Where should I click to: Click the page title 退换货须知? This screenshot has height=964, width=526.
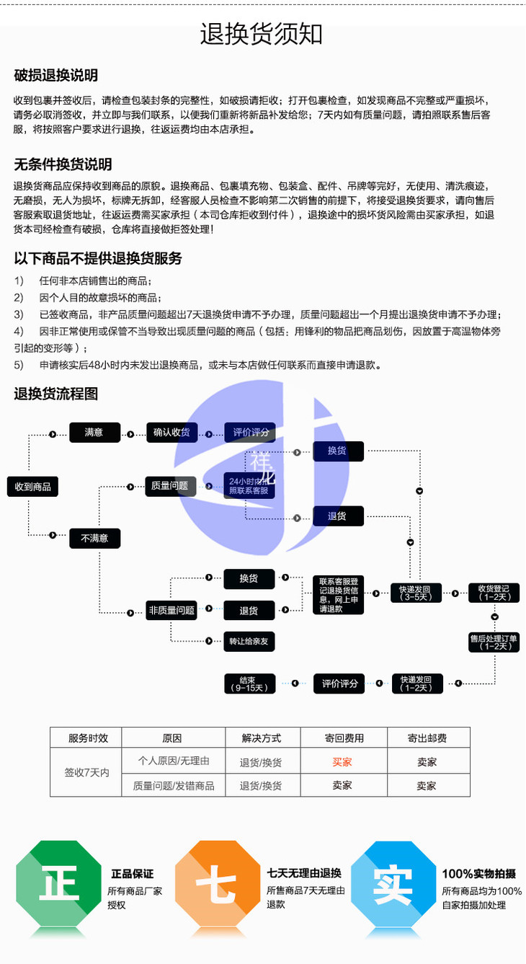[262, 34]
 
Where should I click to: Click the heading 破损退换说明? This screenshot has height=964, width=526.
[56, 76]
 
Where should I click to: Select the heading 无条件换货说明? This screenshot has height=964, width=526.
[63, 164]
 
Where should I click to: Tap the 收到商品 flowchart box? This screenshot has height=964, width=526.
[32, 487]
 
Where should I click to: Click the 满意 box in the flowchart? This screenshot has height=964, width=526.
[94, 433]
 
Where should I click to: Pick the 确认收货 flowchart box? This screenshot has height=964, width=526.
[171, 433]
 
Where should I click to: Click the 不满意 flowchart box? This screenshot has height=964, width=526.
[94, 538]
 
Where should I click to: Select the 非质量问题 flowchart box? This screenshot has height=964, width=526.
[171, 610]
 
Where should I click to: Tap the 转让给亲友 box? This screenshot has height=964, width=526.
[249, 641]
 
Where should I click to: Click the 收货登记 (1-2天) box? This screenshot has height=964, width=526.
[494, 593]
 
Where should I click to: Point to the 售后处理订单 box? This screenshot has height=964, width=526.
[494, 642]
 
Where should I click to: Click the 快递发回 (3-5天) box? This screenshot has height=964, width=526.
[416, 593]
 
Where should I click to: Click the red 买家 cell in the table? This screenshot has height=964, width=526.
[342, 761]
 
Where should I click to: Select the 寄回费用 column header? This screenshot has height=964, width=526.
[344, 738]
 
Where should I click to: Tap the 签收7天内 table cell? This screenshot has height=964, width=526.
[86, 772]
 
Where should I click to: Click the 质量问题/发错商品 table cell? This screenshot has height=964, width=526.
[174, 785]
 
